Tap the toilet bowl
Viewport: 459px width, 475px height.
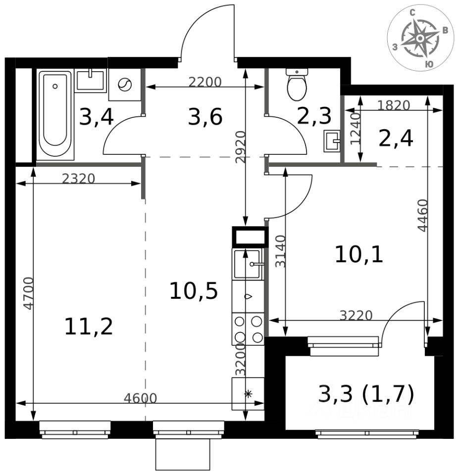point(297,85)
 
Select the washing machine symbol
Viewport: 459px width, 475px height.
point(125,85)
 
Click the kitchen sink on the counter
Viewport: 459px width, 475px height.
point(248,264)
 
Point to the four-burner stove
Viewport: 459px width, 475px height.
point(248,330)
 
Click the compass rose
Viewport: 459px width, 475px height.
point(420,38)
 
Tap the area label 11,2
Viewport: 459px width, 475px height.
point(89,327)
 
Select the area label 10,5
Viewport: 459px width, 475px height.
point(194,291)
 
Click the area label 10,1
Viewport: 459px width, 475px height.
point(359,254)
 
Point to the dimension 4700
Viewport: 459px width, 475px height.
point(28,293)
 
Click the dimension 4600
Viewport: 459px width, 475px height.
point(140,398)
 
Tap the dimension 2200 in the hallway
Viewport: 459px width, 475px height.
point(205,82)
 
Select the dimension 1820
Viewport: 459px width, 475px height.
point(394,105)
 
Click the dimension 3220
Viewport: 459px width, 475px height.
point(356,316)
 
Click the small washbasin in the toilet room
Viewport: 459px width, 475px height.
point(332,141)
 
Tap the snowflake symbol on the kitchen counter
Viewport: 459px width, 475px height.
point(248,394)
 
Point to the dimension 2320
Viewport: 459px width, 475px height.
point(79,179)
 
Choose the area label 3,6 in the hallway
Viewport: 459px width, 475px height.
point(205,117)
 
